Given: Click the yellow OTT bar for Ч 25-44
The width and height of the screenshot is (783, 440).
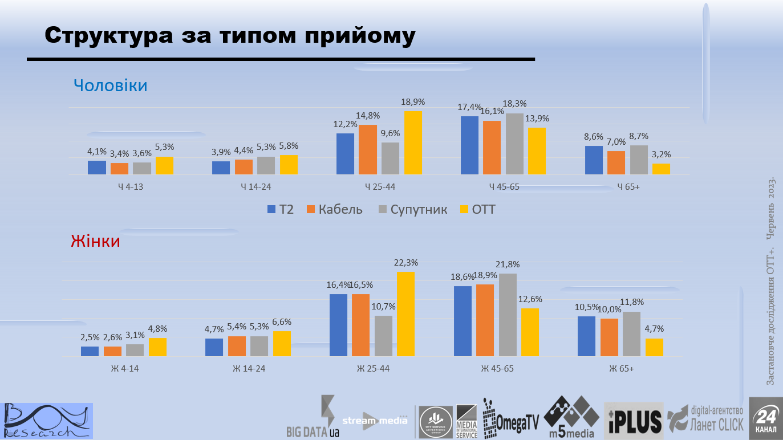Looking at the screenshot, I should click(x=413, y=143).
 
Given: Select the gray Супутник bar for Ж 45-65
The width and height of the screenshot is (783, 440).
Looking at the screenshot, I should click(x=508, y=315).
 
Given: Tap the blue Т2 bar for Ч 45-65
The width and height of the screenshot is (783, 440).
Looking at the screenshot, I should click(x=469, y=145).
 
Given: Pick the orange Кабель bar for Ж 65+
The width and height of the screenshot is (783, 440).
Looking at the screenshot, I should click(x=609, y=337).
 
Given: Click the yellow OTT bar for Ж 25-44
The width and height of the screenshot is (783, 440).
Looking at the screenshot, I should click(x=405, y=314).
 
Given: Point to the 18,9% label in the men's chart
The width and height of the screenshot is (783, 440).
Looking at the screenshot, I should click(x=413, y=102).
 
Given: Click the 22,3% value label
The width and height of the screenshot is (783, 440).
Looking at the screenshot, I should click(x=406, y=263).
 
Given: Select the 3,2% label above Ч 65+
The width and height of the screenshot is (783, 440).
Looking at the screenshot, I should click(x=662, y=154).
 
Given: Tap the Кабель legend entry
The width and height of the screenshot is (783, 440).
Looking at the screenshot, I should click(x=334, y=209).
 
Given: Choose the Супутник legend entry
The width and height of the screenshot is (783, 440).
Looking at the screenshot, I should click(x=413, y=209).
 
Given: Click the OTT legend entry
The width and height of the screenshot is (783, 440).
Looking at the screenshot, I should click(x=477, y=209).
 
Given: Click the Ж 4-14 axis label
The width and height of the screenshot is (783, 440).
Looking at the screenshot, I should click(x=125, y=369).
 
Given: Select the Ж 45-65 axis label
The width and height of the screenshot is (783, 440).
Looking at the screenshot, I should click(x=497, y=369).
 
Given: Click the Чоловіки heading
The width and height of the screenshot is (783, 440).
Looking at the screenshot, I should click(x=111, y=85).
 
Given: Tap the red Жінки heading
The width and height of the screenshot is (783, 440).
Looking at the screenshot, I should click(x=95, y=241).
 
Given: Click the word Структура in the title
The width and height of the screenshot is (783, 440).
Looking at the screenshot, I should click(x=109, y=35).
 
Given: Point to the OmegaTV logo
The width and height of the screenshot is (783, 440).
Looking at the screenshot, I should click(x=511, y=419).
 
